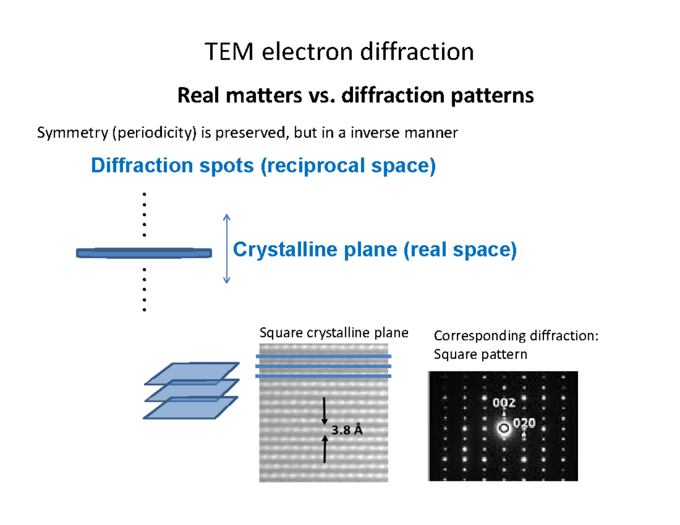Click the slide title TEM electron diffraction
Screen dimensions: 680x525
pos(339,53)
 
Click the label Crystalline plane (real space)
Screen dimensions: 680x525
pos(375,249)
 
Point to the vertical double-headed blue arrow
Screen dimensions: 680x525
pos(227,249)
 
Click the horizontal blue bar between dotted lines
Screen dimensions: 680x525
pos(144,253)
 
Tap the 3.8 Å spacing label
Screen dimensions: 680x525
pos(347,430)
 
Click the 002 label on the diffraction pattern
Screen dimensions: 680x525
pos(504,403)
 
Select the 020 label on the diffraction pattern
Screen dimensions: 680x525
pos(524,423)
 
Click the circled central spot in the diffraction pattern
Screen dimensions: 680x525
pos(503,428)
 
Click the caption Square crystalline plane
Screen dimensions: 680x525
pos(333,333)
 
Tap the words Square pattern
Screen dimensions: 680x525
pos(480,355)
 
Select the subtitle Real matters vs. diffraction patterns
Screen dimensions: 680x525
pos(355,96)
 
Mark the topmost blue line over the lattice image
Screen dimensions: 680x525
pos(324,357)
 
